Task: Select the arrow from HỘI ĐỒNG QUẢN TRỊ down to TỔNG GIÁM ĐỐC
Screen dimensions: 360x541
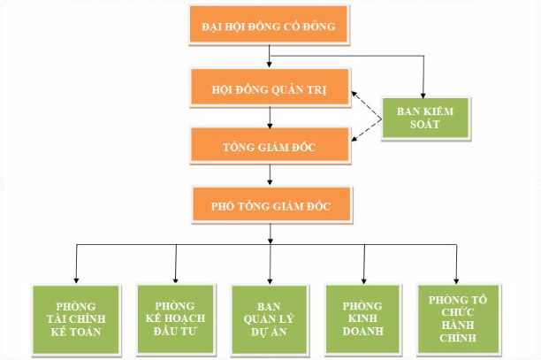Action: (268, 119)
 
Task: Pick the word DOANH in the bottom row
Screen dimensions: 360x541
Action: (362, 333)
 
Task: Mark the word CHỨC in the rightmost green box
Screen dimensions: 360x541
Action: (457, 312)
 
